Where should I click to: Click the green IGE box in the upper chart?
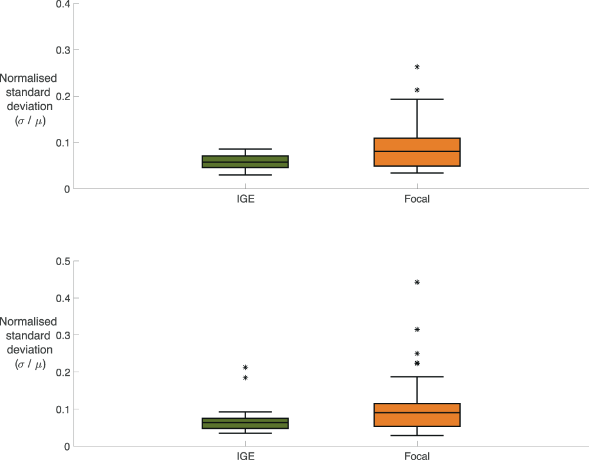coord(245,161)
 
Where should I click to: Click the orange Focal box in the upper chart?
coord(417,152)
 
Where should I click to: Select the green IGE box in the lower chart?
coord(245,423)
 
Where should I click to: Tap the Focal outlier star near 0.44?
coord(417,282)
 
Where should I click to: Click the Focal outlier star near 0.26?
coord(417,67)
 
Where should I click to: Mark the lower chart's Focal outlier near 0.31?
coord(417,329)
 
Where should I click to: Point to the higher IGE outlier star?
coord(245,367)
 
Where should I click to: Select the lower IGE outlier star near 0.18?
coord(245,378)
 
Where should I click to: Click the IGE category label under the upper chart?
coord(245,199)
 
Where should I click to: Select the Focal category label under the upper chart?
coord(417,199)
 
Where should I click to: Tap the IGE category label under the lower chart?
coord(245,456)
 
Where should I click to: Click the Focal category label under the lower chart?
coord(417,456)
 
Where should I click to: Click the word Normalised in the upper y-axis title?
coord(28,78)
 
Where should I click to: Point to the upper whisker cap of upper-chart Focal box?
coord(417,99)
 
